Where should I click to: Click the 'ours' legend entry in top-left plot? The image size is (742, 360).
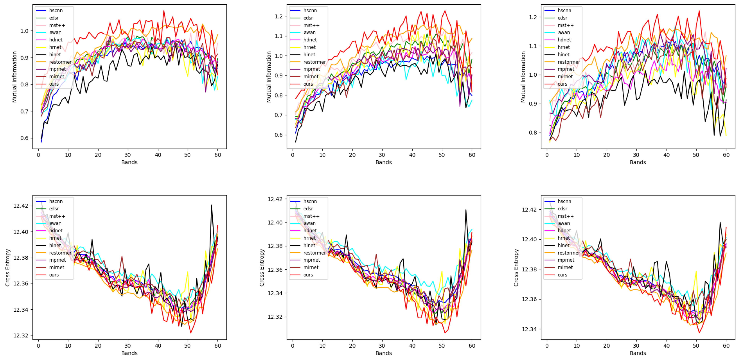click(x=54, y=84)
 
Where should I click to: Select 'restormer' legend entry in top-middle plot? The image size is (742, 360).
click(x=314, y=62)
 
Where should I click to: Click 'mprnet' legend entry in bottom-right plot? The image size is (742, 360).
click(x=566, y=260)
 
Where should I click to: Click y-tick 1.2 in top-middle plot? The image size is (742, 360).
click(x=279, y=16)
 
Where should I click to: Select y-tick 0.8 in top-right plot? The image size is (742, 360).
click(x=533, y=133)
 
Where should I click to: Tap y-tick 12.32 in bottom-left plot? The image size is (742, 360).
click(x=20, y=336)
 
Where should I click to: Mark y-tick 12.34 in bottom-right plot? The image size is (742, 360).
click(x=529, y=329)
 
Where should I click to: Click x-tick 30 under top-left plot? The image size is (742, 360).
click(x=128, y=155)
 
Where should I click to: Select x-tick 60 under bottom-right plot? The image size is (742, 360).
click(x=726, y=346)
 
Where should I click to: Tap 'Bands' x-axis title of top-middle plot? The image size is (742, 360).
click(x=383, y=162)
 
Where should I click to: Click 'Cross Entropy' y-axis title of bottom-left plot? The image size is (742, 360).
click(x=8, y=268)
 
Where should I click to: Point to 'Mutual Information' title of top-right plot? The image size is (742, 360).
click(x=523, y=77)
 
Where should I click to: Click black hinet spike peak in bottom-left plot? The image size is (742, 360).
click(x=212, y=205)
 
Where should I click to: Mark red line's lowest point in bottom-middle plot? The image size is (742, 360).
click(x=445, y=333)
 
